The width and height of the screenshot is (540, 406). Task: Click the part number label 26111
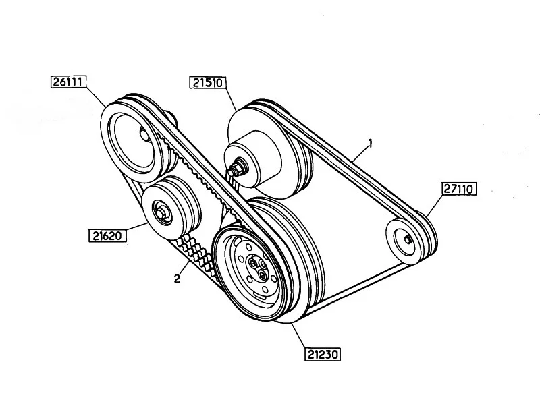pyautogui.click(x=68, y=82)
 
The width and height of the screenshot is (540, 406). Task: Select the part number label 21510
pyautogui.click(x=208, y=83)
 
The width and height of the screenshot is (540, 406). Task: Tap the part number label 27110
pyautogui.click(x=459, y=189)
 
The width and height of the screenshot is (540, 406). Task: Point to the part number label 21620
pyautogui.click(x=107, y=235)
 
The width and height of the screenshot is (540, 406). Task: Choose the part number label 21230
pyautogui.click(x=323, y=354)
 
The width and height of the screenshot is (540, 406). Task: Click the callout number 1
pyautogui.click(x=371, y=143)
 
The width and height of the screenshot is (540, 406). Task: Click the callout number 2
pyautogui.click(x=177, y=279)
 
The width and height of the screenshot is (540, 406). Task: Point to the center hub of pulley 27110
pyautogui.click(x=408, y=239)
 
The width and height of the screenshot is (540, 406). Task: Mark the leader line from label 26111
pyautogui.click(x=96, y=96)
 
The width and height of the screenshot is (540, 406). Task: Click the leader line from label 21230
pyautogui.click(x=299, y=335)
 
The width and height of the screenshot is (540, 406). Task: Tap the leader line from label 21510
pyautogui.click(x=231, y=100)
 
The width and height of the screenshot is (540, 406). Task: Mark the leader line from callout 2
pyautogui.click(x=184, y=268)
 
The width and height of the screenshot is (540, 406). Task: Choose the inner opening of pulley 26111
pyautogui.click(x=133, y=141)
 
